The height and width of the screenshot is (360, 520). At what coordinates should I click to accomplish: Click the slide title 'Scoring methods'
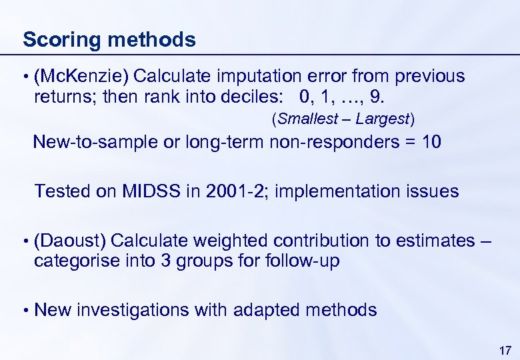(109, 39)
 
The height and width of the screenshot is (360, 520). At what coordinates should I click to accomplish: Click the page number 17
(505, 350)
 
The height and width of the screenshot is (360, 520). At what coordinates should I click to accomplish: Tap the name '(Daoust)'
(70, 240)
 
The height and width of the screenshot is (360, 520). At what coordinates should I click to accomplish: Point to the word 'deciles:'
(259, 98)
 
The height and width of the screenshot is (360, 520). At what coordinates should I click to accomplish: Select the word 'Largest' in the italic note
(383, 119)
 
